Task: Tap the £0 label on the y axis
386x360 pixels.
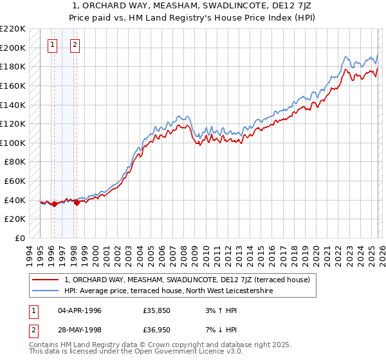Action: pos(18,238)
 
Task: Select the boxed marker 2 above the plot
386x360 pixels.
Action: pos(75,44)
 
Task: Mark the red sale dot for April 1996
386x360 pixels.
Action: pos(54,204)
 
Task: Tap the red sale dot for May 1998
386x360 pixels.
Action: pos(77,203)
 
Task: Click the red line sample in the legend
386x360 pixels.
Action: pos(46,280)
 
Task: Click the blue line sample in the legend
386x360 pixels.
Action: pos(46,291)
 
